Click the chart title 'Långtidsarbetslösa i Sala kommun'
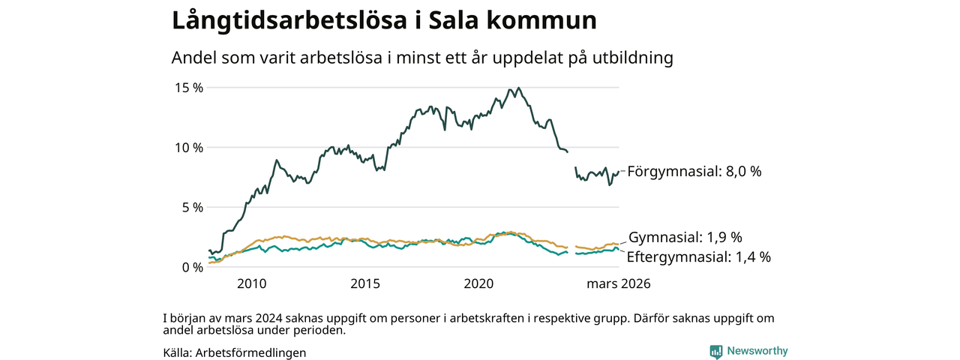pos(384,21)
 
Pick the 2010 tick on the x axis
pos(251,284)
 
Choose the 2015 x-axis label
pos(365,284)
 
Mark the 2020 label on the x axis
pos(479,284)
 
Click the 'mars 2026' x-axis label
pos(618,284)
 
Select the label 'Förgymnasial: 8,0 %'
pos(694,171)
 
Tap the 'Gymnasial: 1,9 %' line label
pos(685,238)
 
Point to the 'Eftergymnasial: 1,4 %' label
pos(698,257)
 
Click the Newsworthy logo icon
pos(715,351)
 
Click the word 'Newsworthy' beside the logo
pos(757,351)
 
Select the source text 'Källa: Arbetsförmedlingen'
pos(234,352)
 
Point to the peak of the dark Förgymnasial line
pos(511,88)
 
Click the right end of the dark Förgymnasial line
pos(618,172)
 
